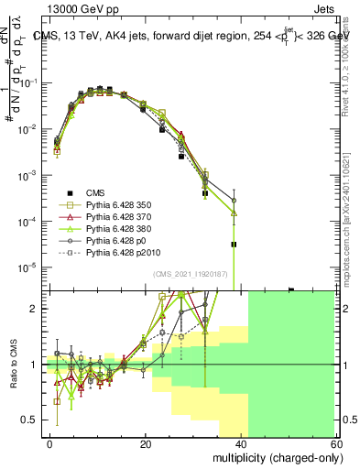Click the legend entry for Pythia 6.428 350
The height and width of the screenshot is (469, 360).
coord(112,204)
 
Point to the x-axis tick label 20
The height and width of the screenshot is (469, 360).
coord(146,443)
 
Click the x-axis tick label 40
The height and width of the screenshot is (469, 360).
coord(241,443)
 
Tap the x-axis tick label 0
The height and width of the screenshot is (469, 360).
coord(50,443)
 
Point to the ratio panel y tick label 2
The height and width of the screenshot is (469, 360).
coord(37,309)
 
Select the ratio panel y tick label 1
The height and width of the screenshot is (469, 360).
coord(37,365)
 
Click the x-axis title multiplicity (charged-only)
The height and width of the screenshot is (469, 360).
coord(273,456)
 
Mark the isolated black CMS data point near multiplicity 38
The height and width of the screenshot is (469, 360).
coord(235,245)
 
